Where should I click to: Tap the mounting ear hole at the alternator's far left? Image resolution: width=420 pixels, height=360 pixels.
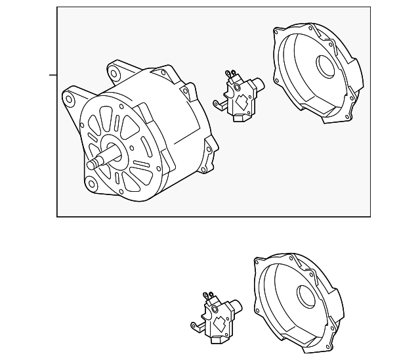[68, 100]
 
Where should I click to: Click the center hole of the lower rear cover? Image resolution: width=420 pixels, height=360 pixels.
[308, 297]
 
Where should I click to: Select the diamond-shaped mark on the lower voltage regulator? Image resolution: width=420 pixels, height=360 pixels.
[222, 324]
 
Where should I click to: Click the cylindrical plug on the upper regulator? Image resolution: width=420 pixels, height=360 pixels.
[257, 83]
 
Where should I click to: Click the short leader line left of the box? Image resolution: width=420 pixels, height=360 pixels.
[53, 74]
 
